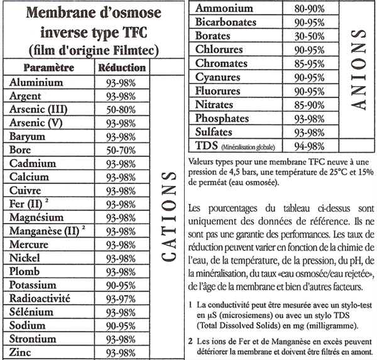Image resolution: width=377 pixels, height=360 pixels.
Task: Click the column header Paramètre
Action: point(48,67)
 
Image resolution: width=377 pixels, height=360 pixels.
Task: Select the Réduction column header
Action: point(122,67)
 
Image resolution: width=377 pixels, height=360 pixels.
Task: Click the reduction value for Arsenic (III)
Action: point(122,109)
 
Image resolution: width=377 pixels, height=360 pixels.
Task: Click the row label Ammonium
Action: point(225,8)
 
